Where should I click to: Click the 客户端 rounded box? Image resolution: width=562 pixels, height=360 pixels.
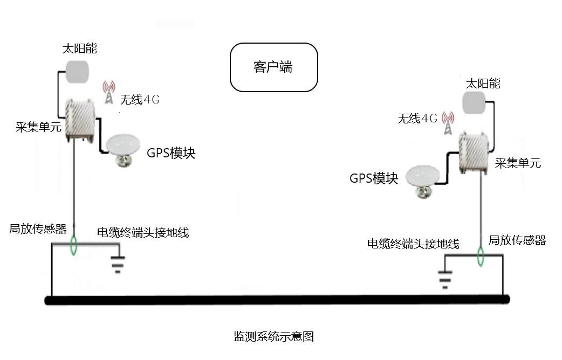274,67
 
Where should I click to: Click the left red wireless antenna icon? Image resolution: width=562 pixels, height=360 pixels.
108,93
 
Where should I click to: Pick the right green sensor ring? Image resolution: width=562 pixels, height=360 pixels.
479,257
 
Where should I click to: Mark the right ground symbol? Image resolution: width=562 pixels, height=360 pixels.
444,279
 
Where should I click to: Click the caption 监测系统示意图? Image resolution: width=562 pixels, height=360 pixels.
273,337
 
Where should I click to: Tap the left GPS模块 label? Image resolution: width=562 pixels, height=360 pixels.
171,153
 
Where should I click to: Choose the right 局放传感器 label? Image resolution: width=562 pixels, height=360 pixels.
517,240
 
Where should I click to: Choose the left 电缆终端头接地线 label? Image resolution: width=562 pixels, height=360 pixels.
143,232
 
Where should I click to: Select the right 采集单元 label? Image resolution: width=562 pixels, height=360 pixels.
518,163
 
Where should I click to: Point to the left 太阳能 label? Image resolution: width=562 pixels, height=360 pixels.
80,49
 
